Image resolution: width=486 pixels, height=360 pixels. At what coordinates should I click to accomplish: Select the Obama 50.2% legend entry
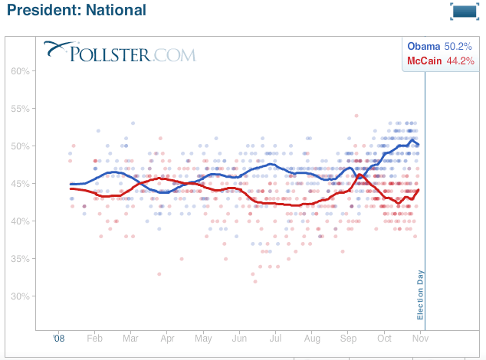[440, 47]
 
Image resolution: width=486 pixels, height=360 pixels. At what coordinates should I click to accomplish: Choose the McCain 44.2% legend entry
[440, 61]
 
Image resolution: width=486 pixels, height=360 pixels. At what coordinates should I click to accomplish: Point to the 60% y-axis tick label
[21, 71]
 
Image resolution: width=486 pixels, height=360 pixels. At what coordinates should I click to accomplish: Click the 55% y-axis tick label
[21, 109]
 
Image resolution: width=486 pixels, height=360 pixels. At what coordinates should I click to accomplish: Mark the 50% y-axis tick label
[21, 146]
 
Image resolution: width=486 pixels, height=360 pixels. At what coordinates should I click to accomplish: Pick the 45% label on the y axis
[21, 184]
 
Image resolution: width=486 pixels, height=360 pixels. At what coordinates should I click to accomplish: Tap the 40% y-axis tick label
[21, 221]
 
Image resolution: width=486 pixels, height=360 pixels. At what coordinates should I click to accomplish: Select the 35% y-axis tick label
[21, 259]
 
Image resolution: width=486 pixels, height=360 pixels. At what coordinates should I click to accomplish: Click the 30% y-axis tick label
[21, 296]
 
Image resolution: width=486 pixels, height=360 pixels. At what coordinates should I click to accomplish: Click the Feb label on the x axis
[95, 338]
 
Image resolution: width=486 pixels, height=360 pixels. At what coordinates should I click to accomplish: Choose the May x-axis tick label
[203, 338]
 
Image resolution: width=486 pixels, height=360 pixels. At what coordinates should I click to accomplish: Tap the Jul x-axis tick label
[276, 338]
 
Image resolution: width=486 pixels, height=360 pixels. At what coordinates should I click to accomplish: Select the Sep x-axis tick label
[348, 338]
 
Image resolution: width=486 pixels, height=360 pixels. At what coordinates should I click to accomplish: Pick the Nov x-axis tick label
[421, 338]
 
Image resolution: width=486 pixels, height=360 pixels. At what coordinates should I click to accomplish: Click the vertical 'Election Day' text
[420, 295]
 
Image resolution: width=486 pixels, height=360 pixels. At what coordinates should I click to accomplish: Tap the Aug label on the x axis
[312, 338]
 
